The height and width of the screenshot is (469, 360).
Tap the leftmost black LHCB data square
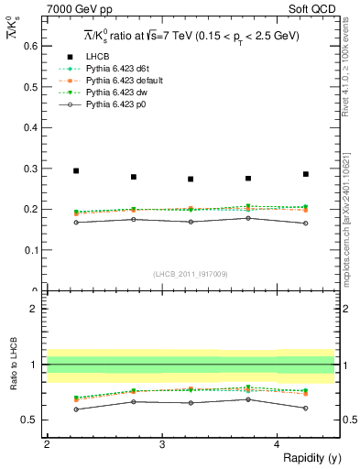76,170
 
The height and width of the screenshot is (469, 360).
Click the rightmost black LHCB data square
306,174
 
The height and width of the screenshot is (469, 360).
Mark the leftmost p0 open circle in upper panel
76,223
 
